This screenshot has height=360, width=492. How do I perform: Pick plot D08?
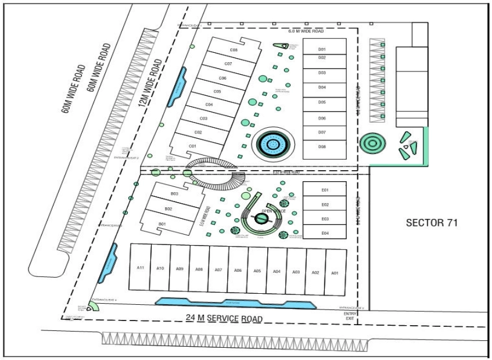click(322, 147)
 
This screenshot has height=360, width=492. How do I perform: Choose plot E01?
click(325, 190)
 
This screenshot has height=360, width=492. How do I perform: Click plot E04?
click(325, 233)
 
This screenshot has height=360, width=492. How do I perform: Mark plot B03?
click(174, 193)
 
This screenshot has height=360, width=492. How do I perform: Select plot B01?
click(163, 224)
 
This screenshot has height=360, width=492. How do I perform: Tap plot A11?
click(140, 268)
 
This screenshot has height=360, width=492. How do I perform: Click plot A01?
click(334, 272)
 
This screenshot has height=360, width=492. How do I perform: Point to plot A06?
click(238, 270)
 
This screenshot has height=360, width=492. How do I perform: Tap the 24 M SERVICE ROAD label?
click(224, 318)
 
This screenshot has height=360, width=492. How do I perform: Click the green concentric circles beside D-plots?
click(371, 142)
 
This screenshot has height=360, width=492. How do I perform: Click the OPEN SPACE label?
click(274, 211)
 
